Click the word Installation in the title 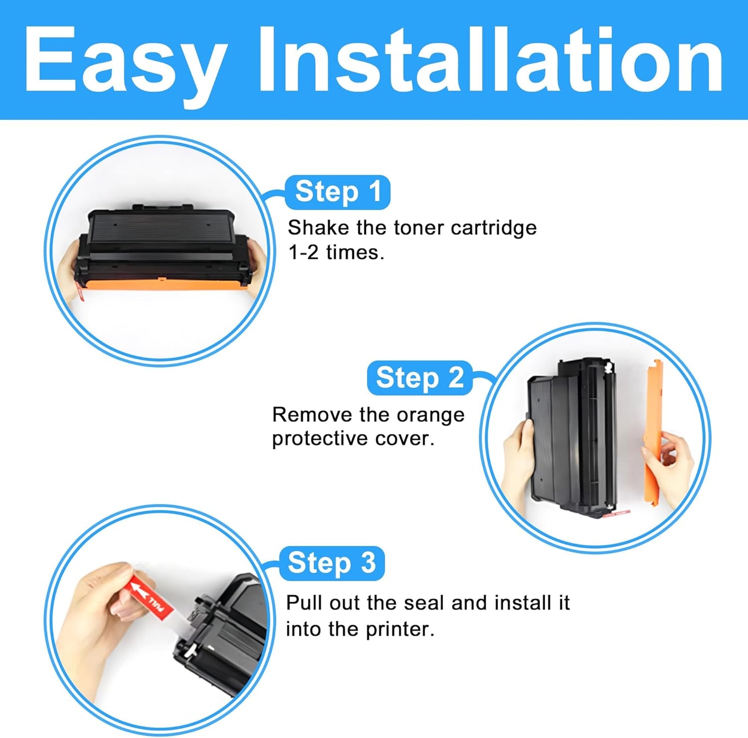[490, 60]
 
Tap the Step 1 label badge [338, 192]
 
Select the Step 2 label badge [419, 378]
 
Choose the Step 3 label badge [331, 563]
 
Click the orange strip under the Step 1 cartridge [160, 283]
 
